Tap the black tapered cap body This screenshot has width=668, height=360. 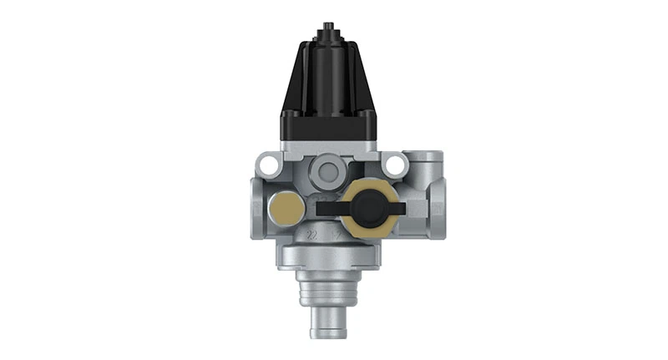click(x=331, y=79)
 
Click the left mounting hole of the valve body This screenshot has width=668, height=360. click(x=268, y=165)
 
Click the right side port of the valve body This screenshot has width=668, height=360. click(x=433, y=204)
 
